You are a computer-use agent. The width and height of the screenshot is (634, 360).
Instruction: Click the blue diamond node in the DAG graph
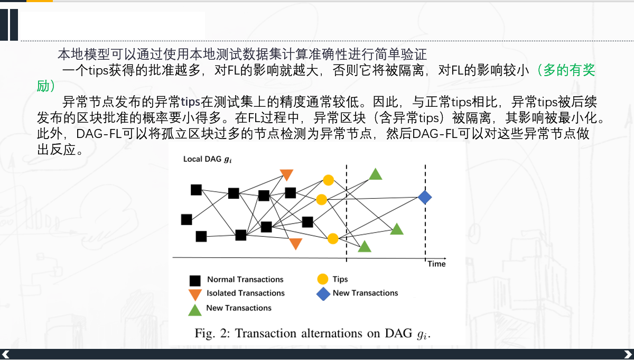point(425,197)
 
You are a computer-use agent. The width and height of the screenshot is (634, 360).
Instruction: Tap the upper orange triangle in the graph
point(286,175)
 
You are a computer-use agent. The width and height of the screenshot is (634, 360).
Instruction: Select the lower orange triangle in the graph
point(295,244)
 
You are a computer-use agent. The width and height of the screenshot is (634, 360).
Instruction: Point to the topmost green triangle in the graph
point(375,174)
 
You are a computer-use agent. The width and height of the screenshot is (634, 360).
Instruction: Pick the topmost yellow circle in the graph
point(328,180)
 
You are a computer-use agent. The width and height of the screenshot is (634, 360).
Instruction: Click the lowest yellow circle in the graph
point(332,238)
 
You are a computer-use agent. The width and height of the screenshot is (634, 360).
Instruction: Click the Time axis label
point(436,264)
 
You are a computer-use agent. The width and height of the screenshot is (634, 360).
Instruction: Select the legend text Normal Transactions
point(245,279)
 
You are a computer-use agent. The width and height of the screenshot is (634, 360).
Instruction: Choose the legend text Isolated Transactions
point(245,293)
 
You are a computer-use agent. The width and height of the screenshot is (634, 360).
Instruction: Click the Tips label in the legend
point(340,279)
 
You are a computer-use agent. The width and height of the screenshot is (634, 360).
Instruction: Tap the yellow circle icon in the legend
point(322,279)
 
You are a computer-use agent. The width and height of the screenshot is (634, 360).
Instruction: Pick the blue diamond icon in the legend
point(323,294)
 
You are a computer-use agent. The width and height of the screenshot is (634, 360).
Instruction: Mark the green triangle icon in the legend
point(195,310)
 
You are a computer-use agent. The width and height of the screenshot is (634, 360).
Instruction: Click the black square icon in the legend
point(195,280)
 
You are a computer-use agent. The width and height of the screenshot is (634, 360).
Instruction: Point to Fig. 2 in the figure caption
point(212,333)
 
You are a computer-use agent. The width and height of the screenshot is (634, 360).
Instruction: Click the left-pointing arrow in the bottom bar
point(6,354)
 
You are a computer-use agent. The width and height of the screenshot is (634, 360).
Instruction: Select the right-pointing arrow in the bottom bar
point(628,354)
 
